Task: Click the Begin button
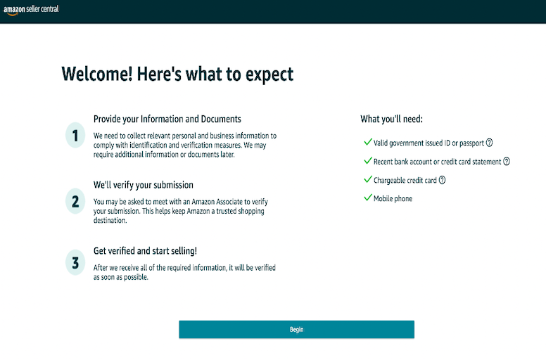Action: tap(296, 329)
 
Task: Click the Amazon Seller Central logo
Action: tap(31, 10)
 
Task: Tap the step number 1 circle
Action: tap(75, 135)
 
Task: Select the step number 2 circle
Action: tap(75, 201)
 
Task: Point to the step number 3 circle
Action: tap(75, 262)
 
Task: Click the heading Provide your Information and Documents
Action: tap(167, 119)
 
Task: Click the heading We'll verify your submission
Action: tap(143, 185)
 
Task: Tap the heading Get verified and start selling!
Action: tap(145, 251)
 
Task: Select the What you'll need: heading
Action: tap(391, 119)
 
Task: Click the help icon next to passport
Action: tap(489, 143)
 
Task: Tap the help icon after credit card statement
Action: tap(507, 162)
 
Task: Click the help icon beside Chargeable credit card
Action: tap(442, 180)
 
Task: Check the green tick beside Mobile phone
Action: tap(368, 198)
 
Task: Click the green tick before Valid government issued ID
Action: tap(368, 141)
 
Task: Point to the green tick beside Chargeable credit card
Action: tap(368, 179)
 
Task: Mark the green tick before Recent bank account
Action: tap(368, 160)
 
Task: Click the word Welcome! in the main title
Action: tap(97, 74)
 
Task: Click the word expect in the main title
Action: tap(269, 75)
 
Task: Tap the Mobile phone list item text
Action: tap(393, 198)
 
